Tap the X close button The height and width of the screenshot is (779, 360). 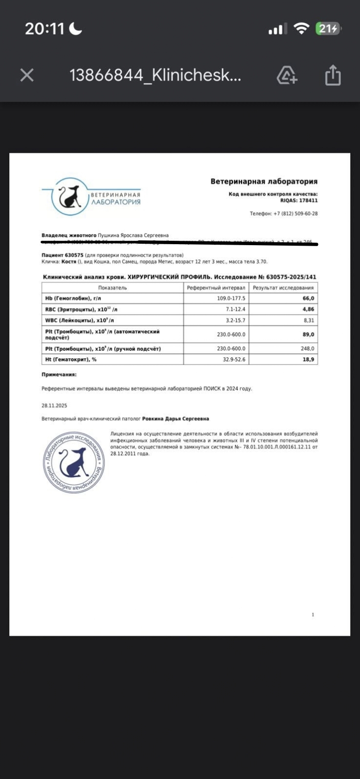point(27,75)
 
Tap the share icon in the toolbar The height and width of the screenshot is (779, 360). point(333,75)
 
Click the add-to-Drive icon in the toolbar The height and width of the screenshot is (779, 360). point(287,75)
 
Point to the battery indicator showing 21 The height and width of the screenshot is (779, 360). point(327,29)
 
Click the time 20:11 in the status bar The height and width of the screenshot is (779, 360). point(45,29)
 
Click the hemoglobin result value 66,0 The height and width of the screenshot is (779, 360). point(309,298)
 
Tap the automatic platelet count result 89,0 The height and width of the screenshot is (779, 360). point(309,335)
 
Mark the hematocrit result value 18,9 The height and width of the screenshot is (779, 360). point(309,360)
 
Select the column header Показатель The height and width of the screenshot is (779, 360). point(112,288)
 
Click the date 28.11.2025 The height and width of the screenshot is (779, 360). point(54,406)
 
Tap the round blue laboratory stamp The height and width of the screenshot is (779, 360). point(73,462)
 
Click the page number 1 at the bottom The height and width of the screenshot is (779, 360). point(313,615)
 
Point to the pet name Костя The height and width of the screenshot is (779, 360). point(69,262)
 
